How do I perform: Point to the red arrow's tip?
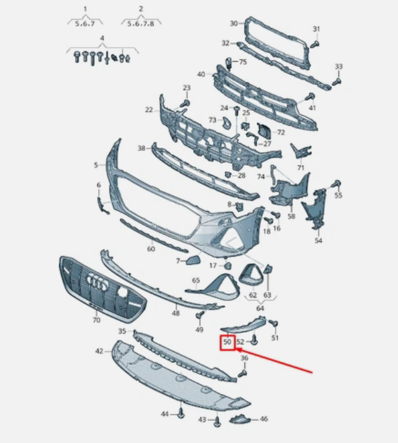(x=236, y=350)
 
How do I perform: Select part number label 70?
(x=97, y=320)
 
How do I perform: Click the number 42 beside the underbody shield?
(x=99, y=351)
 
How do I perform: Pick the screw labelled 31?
(x=315, y=44)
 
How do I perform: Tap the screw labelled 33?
(x=337, y=82)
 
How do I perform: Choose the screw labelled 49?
(x=200, y=315)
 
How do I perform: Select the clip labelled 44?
(x=181, y=413)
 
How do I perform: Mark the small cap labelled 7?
(x=192, y=260)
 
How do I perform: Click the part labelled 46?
(x=240, y=419)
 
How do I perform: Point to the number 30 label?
(x=234, y=23)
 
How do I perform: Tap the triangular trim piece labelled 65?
(x=214, y=288)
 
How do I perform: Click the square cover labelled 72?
(x=264, y=131)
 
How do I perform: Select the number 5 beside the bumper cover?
(x=96, y=165)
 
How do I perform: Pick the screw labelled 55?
(x=336, y=184)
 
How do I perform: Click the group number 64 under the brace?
(x=260, y=308)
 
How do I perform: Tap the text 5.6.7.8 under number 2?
(x=141, y=24)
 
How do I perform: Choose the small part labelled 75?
(x=229, y=64)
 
